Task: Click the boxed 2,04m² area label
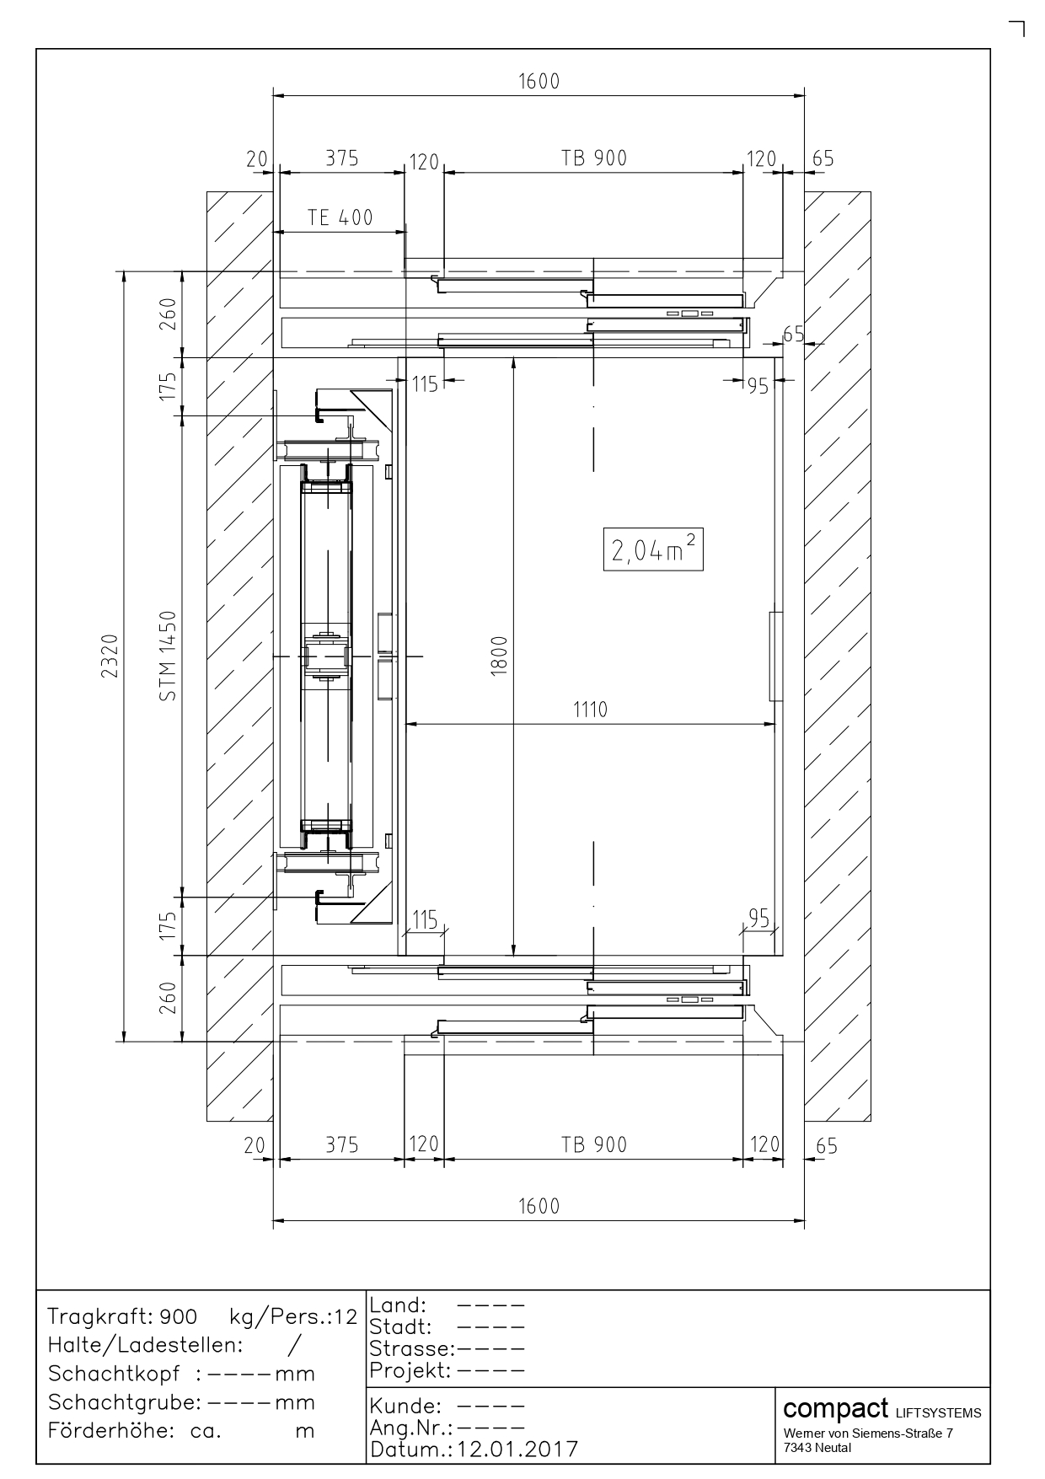click(653, 549)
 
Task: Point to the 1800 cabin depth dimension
click(499, 655)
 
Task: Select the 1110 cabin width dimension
click(590, 710)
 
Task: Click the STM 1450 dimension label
click(169, 656)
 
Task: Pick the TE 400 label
click(340, 217)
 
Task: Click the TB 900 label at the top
click(594, 158)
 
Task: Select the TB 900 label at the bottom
click(594, 1144)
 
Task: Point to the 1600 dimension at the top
click(539, 81)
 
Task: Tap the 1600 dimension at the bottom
click(539, 1206)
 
